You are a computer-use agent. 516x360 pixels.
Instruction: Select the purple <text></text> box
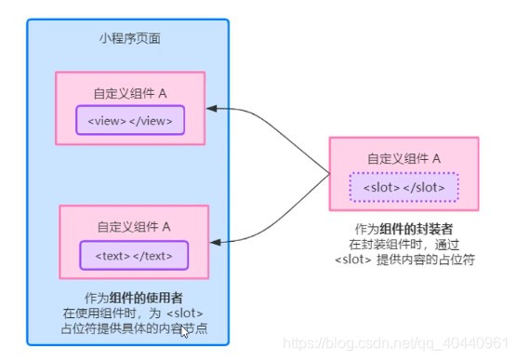click(x=133, y=254)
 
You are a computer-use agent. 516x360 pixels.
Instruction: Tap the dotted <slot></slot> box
click(x=404, y=186)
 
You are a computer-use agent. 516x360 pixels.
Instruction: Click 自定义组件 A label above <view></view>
click(x=129, y=93)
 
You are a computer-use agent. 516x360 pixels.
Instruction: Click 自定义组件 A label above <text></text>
click(x=133, y=226)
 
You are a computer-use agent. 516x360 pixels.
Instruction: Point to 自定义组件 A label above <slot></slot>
click(x=404, y=158)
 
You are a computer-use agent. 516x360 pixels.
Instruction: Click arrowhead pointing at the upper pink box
click(x=213, y=109)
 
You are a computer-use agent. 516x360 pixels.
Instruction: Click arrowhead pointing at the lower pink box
click(x=215, y=242)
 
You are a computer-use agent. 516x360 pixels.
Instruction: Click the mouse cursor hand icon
click(x=186, y=329)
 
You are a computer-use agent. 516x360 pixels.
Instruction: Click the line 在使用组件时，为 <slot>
click(x=133, y=313)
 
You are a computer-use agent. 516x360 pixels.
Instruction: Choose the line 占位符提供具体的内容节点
click(x=133, y=327)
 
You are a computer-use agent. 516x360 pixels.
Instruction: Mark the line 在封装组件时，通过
click(x=404, y=244)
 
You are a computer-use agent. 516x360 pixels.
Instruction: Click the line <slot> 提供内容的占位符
click(x=404, y=259)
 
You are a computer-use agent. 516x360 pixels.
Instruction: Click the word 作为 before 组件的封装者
click(x=367, y=229)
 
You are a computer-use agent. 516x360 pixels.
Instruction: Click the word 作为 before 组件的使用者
click(x=97, y=298)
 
